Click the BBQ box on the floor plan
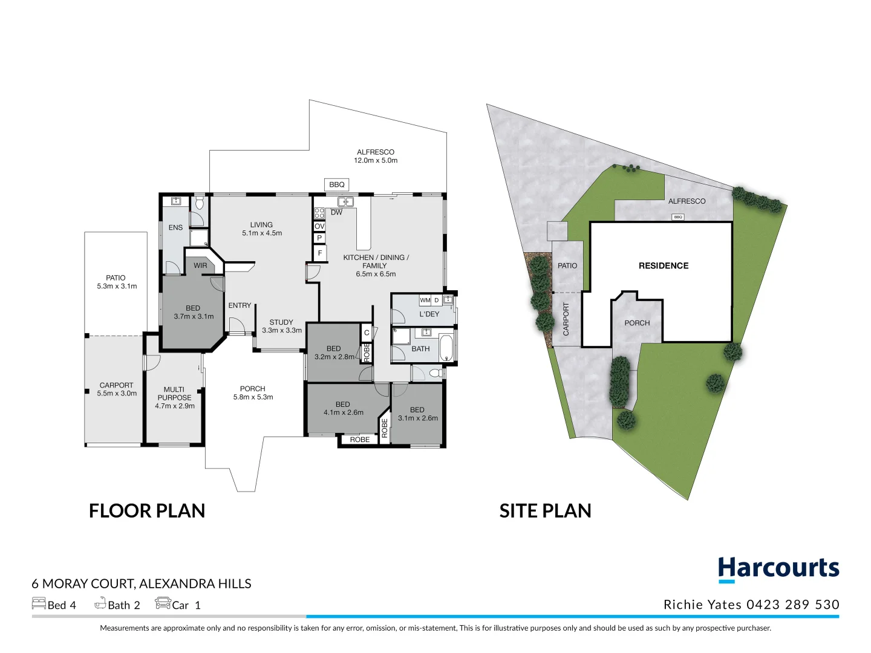point(336,184)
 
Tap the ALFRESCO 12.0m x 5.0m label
point(376,156)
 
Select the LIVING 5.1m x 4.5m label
point(262,229)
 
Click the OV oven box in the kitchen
point(319,226)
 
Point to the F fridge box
point(319,253)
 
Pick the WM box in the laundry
point(425,300)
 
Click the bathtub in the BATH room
point(446,348)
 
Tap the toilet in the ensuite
point(200,203)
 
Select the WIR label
point(200,265)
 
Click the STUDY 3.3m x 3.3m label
point(281,326)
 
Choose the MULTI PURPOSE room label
point(174,397)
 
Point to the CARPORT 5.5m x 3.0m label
point(117,389)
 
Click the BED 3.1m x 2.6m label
point(417,414)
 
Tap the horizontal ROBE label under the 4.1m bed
point(359,440)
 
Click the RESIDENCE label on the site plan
point(664,265)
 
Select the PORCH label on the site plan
point(637,323)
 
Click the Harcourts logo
point(778,569)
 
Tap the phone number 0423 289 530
point(792,605)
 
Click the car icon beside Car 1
point(163,603)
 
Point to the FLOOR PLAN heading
point(147,511)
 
